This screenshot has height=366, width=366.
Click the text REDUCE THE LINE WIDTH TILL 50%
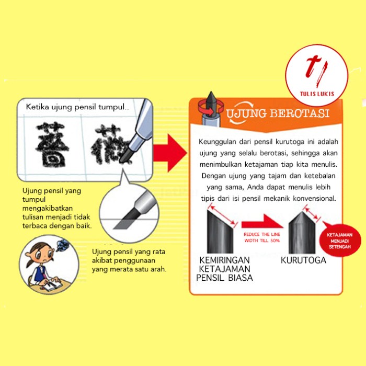tap(262, 238)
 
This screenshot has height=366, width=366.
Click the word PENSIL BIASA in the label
tap(225, 278)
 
